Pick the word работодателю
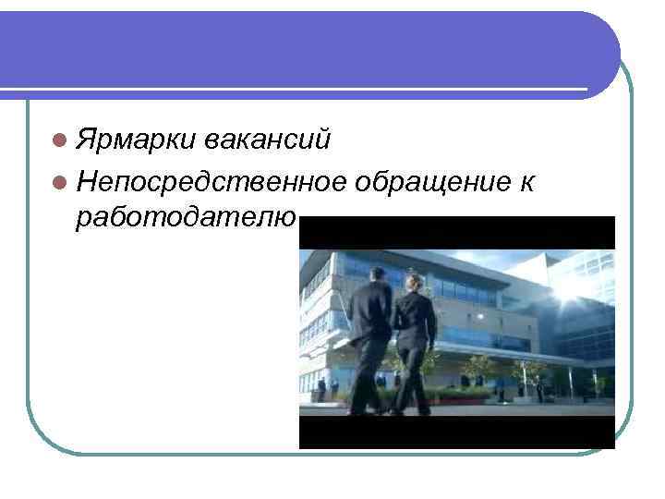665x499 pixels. tap(186, 218)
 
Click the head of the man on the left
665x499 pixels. tap(377, 274)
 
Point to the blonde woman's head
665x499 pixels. tap(416, 281)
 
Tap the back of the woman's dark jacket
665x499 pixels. tap(416, 319)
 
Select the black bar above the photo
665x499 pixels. tap(457, 232)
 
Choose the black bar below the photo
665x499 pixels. tap(457, 432)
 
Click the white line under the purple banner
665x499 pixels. tap(296, 91)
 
